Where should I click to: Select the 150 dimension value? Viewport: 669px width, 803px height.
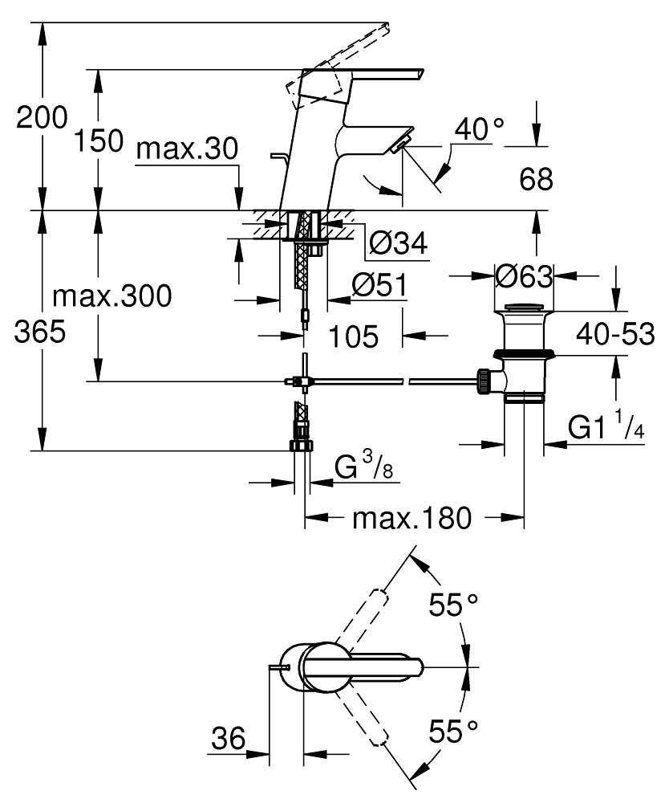point(99,141)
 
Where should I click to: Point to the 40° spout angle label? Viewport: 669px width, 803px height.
point(479,128)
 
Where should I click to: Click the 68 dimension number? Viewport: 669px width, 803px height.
point(535,179)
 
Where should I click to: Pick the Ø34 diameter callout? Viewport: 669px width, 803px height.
point(399,243)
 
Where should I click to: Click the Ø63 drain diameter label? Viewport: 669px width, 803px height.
point(524,277)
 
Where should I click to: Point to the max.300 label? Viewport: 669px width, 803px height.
point(112,296)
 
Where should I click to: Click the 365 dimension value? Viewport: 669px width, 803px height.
point(40,332)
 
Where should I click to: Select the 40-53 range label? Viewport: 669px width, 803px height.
point(615,333)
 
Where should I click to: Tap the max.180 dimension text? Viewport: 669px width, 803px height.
point(411,519)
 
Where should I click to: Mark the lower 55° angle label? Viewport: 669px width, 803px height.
point(453,731)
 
